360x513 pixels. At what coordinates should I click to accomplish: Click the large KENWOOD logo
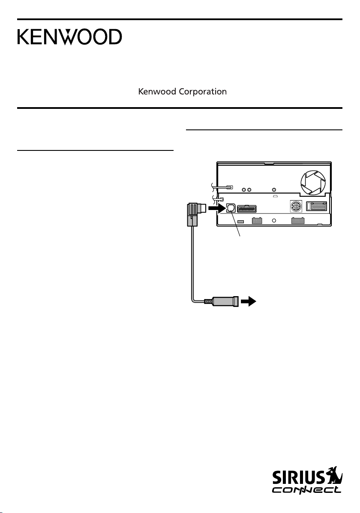pyautogui.click(x=69, y=37)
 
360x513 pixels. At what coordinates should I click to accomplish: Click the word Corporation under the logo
pyautogui.click(x=205, y=92)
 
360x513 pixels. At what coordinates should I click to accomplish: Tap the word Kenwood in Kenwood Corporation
pyautogui.click(x=155, y=92)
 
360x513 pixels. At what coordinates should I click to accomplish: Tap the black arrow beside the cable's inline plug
pyautogui.click(x=247, y=302)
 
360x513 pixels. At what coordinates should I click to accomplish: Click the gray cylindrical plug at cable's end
pyautogui.click(x=225, y=302)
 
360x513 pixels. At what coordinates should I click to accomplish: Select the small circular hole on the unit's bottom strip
pyautogui.click(x=274, y=221)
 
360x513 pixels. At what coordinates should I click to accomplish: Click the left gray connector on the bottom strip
pyautogui.click(x=257, y=221)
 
